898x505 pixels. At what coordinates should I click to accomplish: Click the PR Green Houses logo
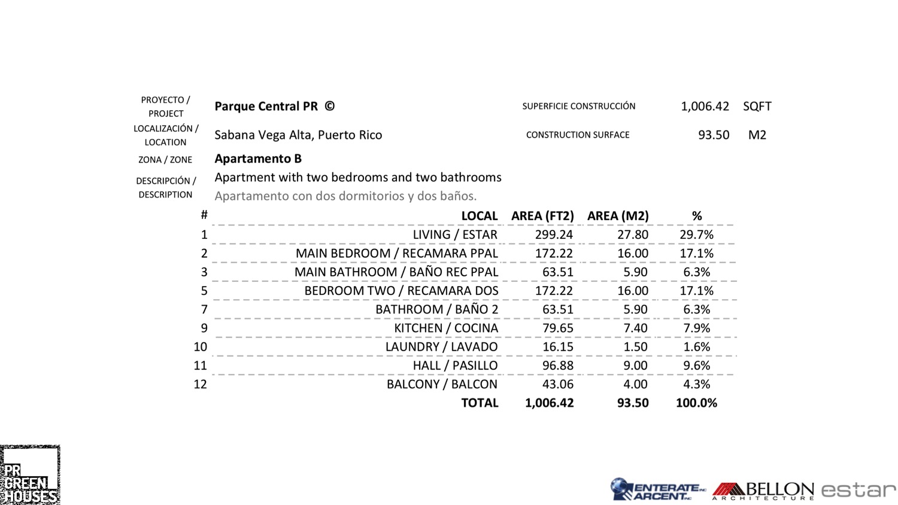(30, 475)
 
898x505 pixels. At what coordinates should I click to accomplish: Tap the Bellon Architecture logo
(763, 491)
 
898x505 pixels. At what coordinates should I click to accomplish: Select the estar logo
(858, 491)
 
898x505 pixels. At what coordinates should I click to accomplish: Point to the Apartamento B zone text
(258, 159)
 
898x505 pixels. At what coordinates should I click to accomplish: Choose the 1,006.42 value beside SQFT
(705, 107)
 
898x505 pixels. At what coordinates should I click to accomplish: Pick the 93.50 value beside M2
(714, 135)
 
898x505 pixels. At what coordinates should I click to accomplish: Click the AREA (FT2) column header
(542, 216)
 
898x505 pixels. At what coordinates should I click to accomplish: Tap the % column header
(697, 216)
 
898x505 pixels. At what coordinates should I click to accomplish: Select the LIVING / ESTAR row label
(455, 235)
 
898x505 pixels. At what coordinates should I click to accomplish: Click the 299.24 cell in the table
(554, 235)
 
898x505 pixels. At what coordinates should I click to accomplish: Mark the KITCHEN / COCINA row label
(446, 328)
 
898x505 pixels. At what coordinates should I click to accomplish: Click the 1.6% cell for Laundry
(697, 347)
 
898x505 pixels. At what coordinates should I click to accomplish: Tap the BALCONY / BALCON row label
(442, 384)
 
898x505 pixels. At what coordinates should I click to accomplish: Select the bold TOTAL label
(480, 403)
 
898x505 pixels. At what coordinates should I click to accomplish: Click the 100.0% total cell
(696, 403)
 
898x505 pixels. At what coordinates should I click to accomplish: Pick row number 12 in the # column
(200, 384)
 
